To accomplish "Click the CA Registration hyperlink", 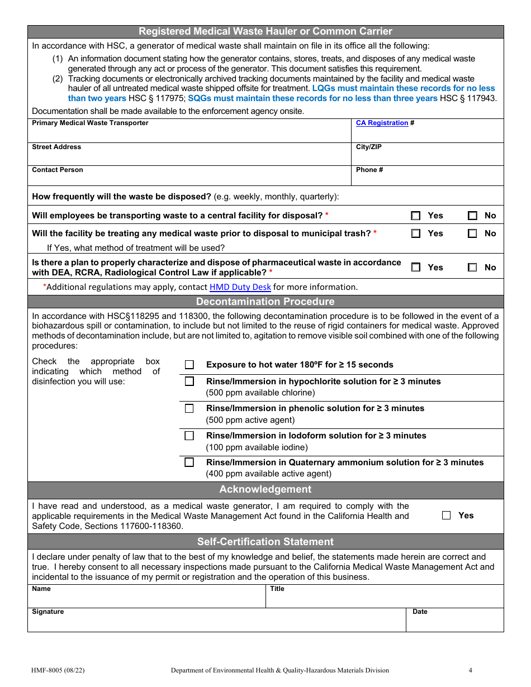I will point(382,123).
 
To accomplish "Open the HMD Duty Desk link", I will point(240,287).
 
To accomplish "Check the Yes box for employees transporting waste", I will point(416,216).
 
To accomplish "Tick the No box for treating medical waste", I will point(472,233).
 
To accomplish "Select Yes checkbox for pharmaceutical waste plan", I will point(416,268).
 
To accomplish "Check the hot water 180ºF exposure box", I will point(189,365).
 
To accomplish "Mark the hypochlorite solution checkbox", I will point(189,381).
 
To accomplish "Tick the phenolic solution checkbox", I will point(189,408).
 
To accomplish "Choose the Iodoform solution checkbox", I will point(189,436).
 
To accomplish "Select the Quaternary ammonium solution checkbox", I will point(189,462).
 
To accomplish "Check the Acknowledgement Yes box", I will point(446,516).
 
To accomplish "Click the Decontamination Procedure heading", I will point(265,302).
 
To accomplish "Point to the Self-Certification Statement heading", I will point(265,542).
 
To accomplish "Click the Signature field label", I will point(48,612).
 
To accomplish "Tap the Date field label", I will point(420,612).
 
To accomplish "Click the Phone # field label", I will point(369,170).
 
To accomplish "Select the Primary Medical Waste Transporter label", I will point(90,123).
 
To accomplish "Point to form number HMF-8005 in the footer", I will point(59,670).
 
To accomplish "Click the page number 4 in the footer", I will point(470,670).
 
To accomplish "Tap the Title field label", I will point(277,589).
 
